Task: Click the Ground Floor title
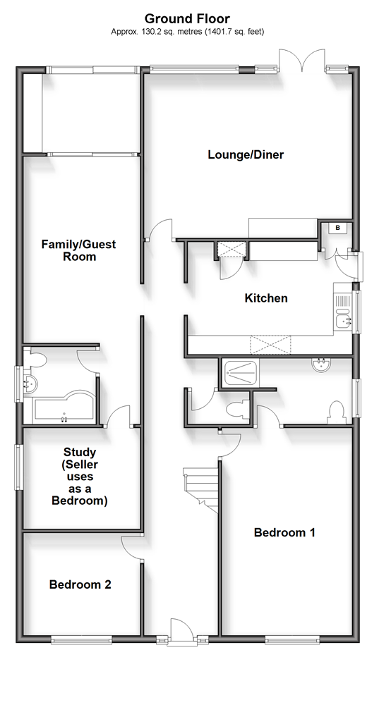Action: point(187,19)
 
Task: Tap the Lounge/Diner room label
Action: point(246,154)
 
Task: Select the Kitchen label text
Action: point(266,298)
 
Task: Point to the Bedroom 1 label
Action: point(284,532)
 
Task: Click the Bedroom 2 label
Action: point(80,584)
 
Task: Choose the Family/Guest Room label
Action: point(79,250)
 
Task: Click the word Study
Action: point(80,452)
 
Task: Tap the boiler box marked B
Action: point(338,227)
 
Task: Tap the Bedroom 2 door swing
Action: point(132,548)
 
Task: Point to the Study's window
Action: point(18,467)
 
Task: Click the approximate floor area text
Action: point(187,32)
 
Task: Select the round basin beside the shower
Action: point(322,364)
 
